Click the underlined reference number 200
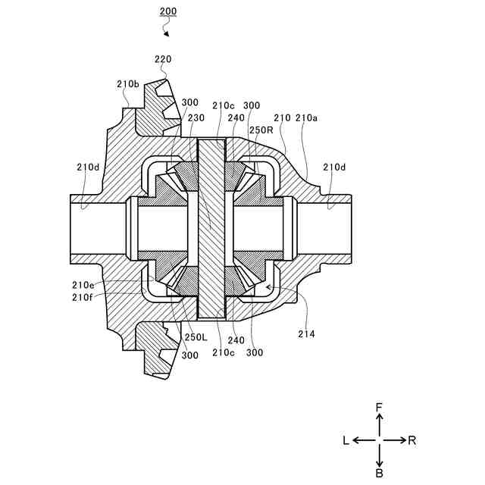168,11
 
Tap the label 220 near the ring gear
163,59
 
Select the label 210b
128,84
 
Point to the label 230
196,118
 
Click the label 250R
261,130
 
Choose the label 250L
196,336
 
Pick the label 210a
306,118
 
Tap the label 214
306,334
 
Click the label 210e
83,285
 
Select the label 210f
83,297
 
